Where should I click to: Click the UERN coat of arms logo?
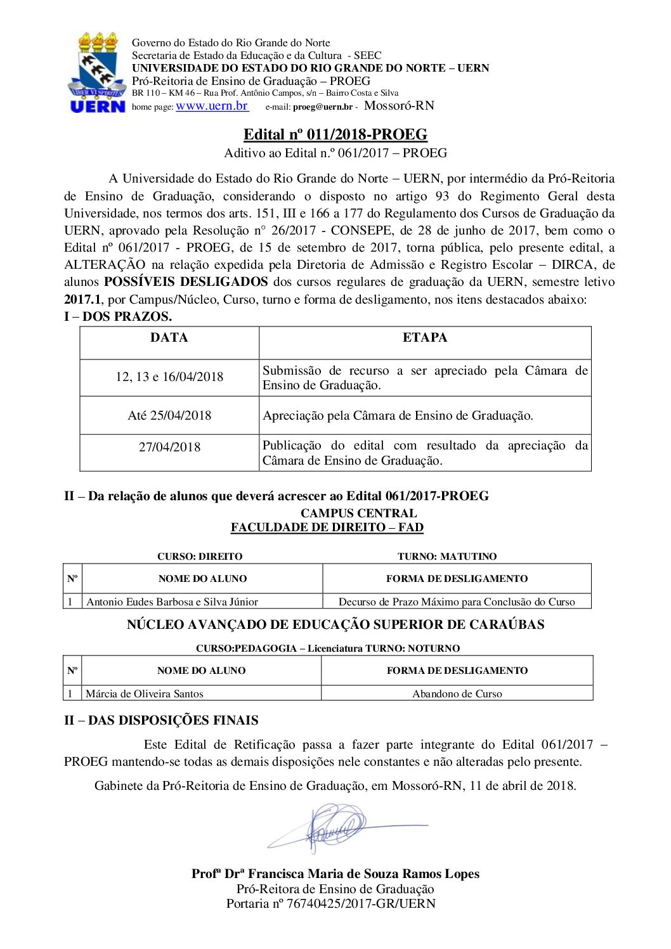(x=97, y=72)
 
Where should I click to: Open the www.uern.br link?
(x=212, y=106)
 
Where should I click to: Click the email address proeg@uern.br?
(x=322, y=107)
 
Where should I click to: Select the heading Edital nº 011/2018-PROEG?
(x=335, y=134)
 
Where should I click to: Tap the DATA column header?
(x=169, y=338)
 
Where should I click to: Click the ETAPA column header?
(x=424, y=338)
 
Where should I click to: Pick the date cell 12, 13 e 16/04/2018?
(x=169, y=377)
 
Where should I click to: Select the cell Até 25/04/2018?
(x=169, y=416)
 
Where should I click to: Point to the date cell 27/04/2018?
(x=169, y=448)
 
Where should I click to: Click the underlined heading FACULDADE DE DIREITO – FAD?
(x=327, y=527)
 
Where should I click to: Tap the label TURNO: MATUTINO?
(x=447, y=557)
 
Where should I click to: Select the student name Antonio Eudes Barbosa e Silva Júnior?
(x=172, y=602)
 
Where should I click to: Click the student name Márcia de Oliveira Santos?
(x=145, y=694)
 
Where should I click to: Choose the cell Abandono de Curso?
(x=457, y=694)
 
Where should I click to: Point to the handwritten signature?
(x=336, y=827)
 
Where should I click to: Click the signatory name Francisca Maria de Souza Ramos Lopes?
(x=363, y=874)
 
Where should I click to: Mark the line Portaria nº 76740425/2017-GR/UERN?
(x=330, y=903)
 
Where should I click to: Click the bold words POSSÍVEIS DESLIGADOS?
(x=186, y=282)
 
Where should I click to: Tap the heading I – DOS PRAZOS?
(x=118, y=316)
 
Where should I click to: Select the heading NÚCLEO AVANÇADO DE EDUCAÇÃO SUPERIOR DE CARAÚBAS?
(x=335, y=624)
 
